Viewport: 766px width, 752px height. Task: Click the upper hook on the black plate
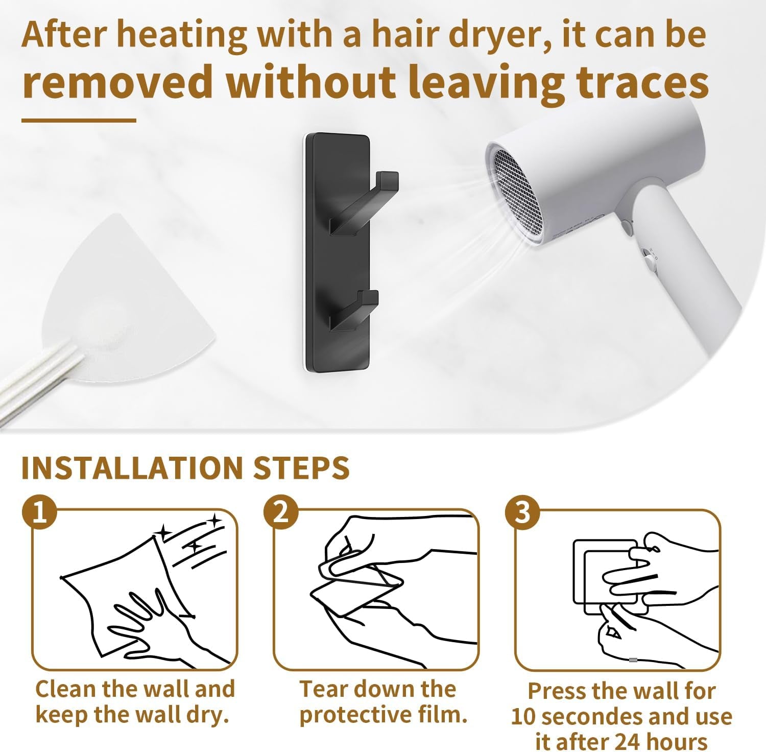pyautogui.click(x=364, y=204)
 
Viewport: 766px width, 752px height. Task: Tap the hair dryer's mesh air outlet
pyautogui.click(x=516, y=192)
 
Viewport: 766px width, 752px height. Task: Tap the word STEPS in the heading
pyautogui.click(x=301, y=467)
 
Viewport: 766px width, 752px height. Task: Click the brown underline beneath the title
pyautogui.click(x=79, y=121)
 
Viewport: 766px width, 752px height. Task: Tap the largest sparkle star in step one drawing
pyautogui.click(x=214, y=521)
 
